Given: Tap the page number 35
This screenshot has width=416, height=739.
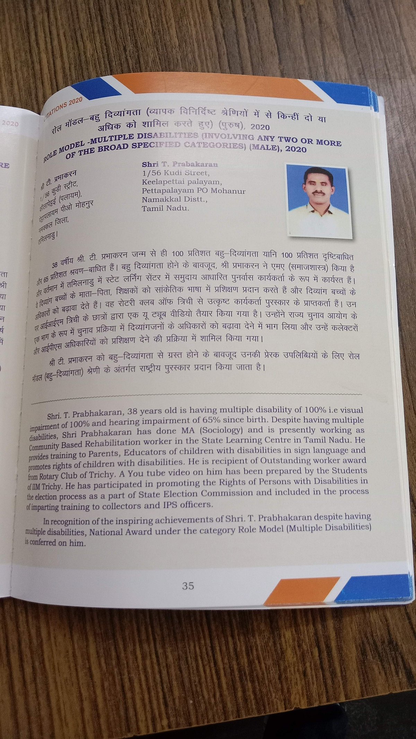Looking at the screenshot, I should point(188,586).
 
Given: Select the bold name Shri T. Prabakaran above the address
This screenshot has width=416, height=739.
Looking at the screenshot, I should point(180,164).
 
